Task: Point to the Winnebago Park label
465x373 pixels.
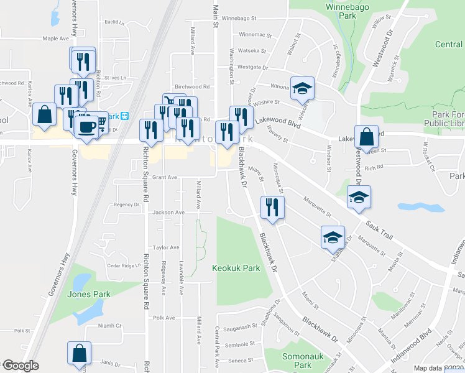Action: pyautogui.click(x=341, y=12)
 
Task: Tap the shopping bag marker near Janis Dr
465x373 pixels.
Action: pyautogui.click(x=81, y=353)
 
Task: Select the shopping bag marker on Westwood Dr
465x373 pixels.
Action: pyautogui.click(x=367, y=136)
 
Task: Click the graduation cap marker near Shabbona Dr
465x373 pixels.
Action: pyautogui.click(x=333, y=237)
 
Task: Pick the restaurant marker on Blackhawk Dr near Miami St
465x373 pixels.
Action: pyautogui.click(x=272, y=206)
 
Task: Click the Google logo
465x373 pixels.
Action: pyautogui.click(x=20, y=366)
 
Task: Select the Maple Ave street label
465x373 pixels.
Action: pyautogui.click(x=55, y=39)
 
